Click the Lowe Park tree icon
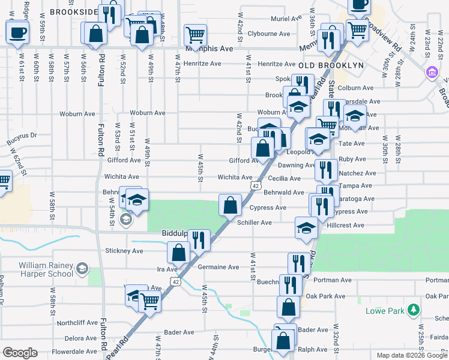tap(412, 310)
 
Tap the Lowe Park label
tap(384, 311)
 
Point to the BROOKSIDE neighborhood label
tap(74, 11)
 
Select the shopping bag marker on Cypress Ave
tap(230, 205)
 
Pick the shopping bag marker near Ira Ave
tap(179, 252)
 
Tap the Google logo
tap(20, 353)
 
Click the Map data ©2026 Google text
tap(411, 355)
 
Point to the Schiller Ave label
tap(255, 222)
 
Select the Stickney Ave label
tap(124, 250)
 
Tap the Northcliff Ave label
tap(77, 322)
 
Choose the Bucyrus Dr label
tap(22, 142)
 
